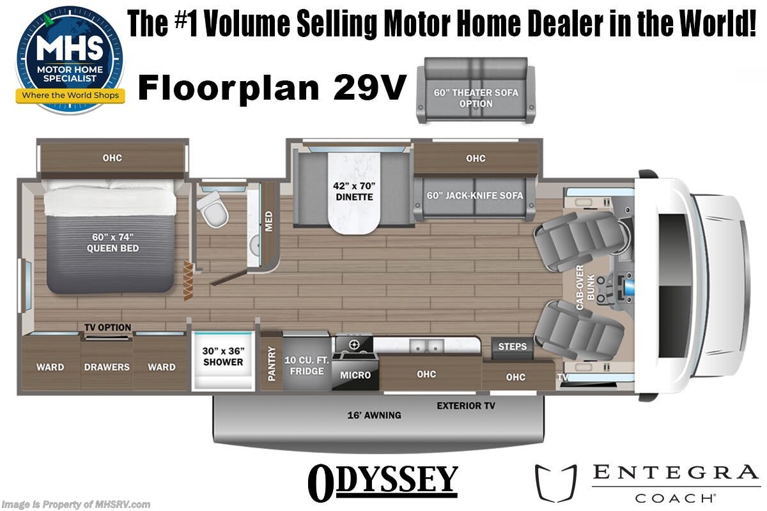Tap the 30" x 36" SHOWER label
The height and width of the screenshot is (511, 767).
(x=223, y=356)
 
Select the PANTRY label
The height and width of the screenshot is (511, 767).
(x=272, y=363)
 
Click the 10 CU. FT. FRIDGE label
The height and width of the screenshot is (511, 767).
(x=307, y=365)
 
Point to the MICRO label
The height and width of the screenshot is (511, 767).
(x=355, y=375)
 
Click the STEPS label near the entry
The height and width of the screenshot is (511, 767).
(x=513, y=346)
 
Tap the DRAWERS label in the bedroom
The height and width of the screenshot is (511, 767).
(x=107, y=367)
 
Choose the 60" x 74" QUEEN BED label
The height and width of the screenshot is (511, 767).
(x=112, y=243)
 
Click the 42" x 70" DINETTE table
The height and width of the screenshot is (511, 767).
(x=353, y=192)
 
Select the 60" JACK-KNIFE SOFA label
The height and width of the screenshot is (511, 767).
(x=476, y=195)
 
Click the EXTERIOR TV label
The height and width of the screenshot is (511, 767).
(x=465, y=406)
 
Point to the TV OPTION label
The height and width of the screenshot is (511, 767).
(x=107, y=328)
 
